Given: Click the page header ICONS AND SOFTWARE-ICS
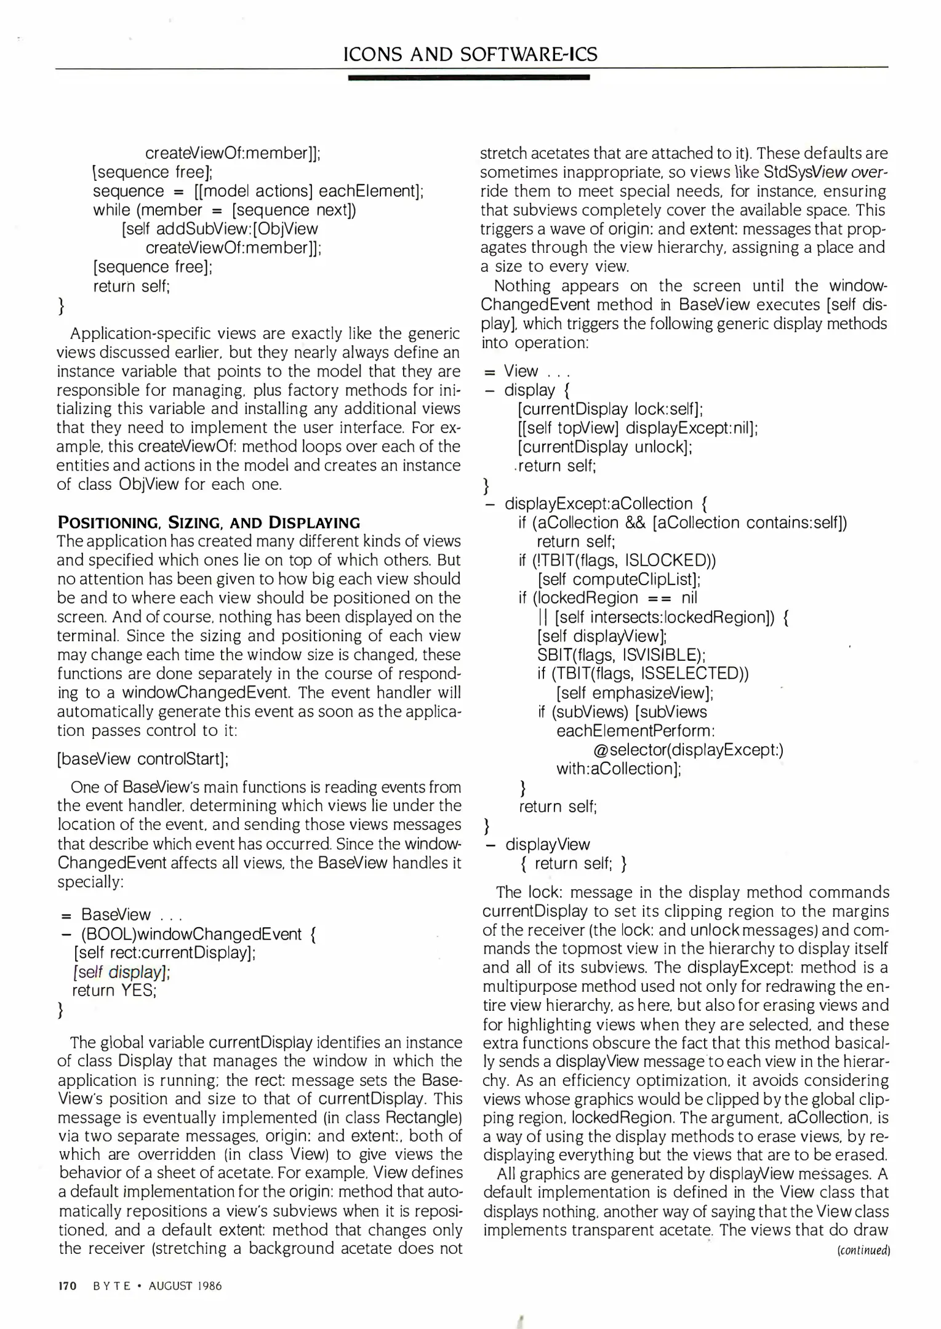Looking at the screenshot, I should pos(470,55).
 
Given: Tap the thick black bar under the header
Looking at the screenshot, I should pos(469,78).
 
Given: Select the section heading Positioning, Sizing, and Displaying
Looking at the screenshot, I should pos(209,522).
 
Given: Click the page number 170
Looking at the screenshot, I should pos(66,1286).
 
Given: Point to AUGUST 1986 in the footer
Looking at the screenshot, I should pos(185,1286).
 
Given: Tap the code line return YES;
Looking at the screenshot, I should pos(114,990).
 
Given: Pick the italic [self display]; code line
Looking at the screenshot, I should pos(121,972).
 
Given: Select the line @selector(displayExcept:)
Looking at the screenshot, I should pos(688,749).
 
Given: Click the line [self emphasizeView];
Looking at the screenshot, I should pos(635,693).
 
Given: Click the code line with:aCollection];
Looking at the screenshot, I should pos(619,768).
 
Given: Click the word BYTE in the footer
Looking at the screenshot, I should pos(112,1286).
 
